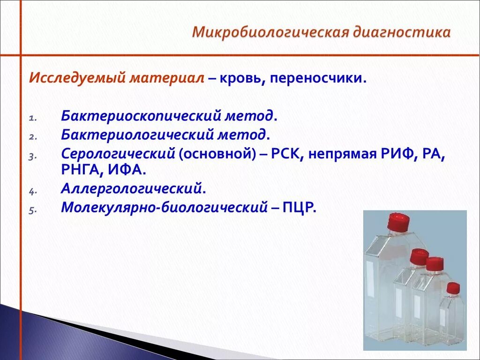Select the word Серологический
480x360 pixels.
[118, 154]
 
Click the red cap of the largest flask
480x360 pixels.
[398, 220]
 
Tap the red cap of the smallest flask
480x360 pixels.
[453, 288]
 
